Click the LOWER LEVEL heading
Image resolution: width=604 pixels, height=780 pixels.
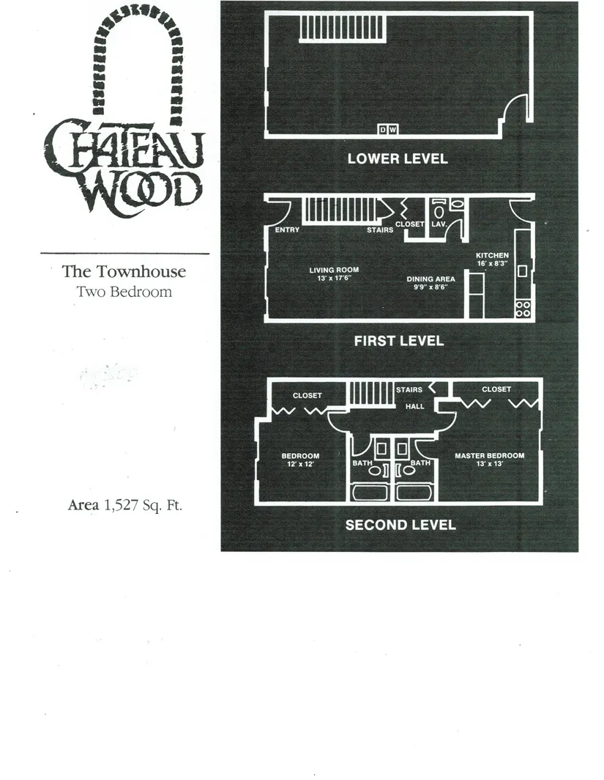coord(398,158)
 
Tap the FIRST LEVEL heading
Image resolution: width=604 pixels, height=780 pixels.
coord(399,341)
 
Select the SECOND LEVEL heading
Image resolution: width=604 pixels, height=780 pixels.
coord(400,525)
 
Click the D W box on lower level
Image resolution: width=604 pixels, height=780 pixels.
coord(388,130)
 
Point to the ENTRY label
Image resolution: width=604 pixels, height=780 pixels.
coord(287,230)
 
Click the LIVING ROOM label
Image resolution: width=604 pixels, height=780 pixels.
coord(334,270)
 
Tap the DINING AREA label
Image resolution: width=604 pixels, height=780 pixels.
coord(430,279)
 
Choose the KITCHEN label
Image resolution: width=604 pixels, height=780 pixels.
coord(492,255)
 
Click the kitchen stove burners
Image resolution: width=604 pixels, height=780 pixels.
coord(523,309)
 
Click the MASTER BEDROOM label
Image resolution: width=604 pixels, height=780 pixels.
coord(489,456)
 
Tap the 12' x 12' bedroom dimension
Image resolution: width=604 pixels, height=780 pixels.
coord(300,464)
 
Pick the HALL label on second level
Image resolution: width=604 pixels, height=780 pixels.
coord(415,406)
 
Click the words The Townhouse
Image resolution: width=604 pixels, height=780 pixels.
coord(124,271)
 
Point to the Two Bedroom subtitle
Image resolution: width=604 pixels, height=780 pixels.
coord(124,292)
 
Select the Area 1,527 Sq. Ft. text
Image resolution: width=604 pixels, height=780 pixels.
coord(124,505)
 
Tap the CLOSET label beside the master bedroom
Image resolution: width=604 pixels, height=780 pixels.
coord(496,389)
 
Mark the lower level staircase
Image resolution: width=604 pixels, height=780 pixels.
coord(343,29)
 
